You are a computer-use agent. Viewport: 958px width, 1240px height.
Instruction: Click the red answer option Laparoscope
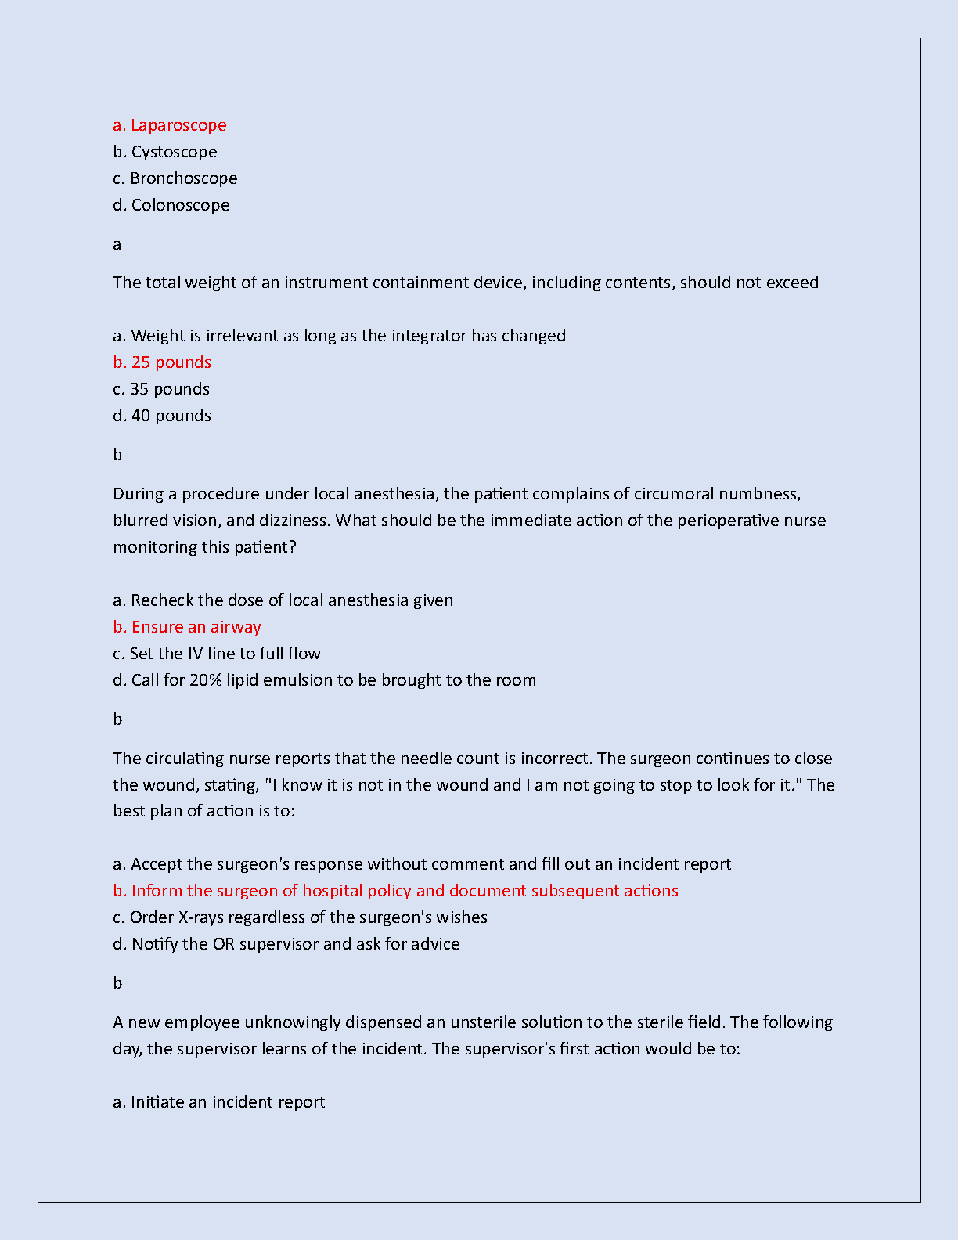[170, 125]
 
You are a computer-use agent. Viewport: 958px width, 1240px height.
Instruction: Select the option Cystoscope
[165, 152]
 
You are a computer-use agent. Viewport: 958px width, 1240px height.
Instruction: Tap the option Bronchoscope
[175, 178]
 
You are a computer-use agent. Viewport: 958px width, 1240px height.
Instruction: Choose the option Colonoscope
[171, 205]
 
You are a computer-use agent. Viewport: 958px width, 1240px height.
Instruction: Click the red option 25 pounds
[162, 362]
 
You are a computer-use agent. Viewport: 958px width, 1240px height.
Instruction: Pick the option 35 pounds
[161, 389]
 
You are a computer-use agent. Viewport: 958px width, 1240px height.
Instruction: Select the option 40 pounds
[162, 416]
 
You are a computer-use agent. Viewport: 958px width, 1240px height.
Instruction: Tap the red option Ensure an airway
[187, 627]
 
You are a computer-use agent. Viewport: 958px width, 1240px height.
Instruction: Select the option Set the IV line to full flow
[217, 654]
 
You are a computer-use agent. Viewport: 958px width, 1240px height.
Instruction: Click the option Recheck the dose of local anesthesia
[283, 600]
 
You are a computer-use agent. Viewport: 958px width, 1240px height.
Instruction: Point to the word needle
[423, 759]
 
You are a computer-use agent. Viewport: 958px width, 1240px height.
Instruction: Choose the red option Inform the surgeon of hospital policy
[396, 891]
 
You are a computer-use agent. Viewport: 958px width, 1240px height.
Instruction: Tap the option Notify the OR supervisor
[286, 944]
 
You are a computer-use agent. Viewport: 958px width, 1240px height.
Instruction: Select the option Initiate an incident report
[219, 1102]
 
